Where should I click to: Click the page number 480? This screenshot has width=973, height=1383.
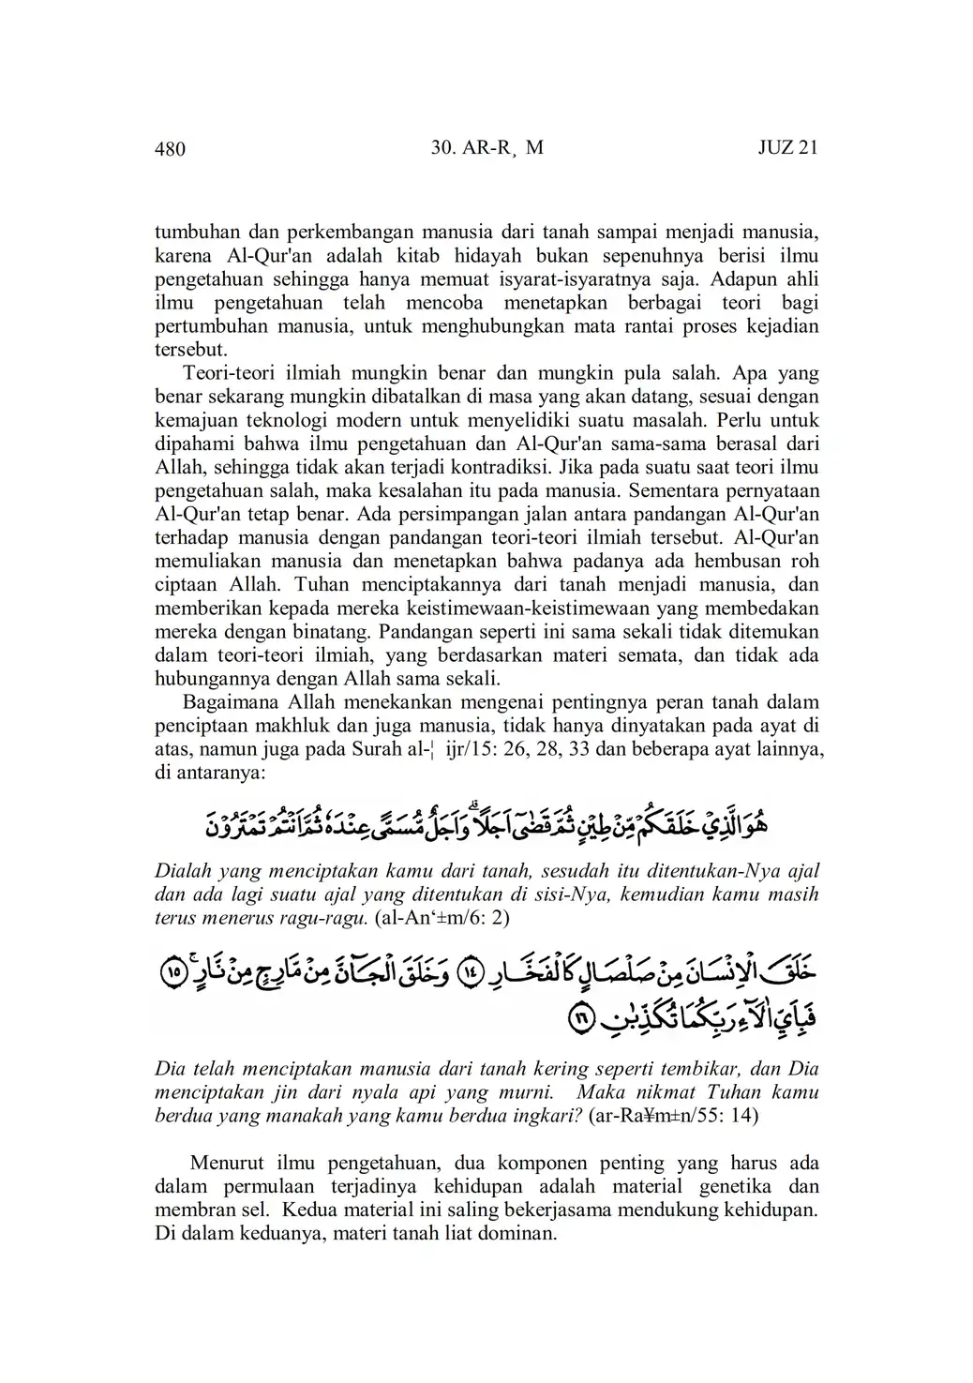pos(170,148)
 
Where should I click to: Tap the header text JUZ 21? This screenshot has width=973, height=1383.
pos(787,148)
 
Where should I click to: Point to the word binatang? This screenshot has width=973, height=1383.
pos(334,631)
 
